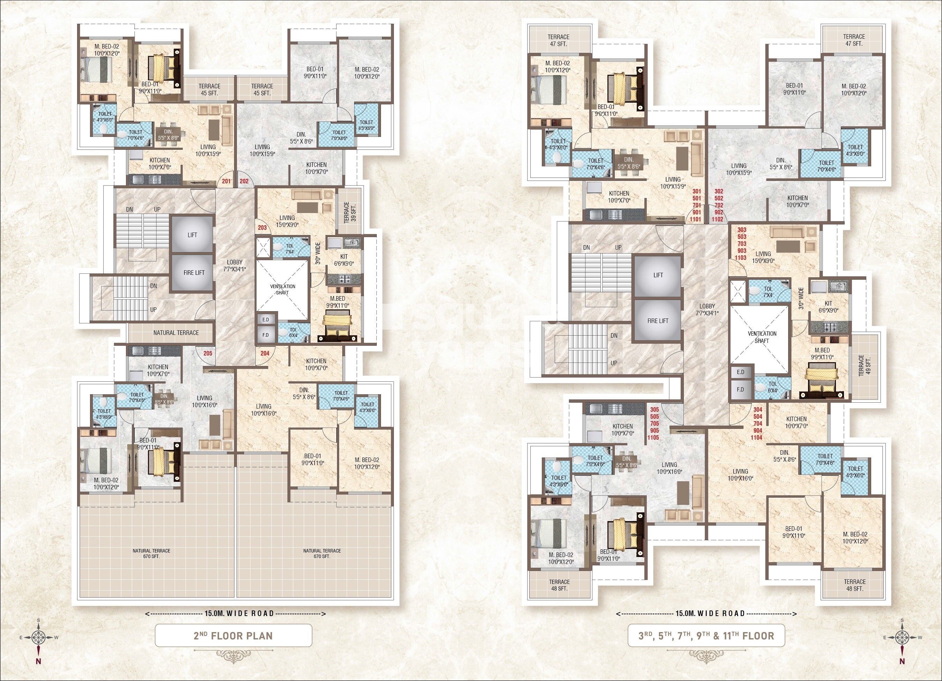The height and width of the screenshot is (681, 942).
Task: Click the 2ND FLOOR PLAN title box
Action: click(x=233, y=636)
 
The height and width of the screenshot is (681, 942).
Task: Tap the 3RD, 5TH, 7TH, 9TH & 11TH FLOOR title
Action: click(x=706, y=636)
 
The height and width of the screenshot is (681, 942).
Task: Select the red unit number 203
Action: click(x=262, y=227)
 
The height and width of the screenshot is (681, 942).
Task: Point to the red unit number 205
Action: click(x=208, y=353)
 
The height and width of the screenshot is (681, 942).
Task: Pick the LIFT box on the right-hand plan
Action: click(x=658, y=275)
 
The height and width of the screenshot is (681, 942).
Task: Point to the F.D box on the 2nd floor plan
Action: click(x=266, y=335)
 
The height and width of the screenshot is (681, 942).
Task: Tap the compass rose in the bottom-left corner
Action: click(x=39, y=637)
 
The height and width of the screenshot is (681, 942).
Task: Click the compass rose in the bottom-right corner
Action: click(x=902, y=637)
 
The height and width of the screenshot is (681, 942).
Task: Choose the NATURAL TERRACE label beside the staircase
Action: click(x=176, y=332)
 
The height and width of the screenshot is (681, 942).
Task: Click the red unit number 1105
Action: click(x=655, y=437)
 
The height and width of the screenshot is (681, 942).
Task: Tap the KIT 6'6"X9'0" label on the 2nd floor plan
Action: click(x=344, y=260)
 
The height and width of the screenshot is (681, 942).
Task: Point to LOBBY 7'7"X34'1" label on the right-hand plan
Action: click(x=707, y=309)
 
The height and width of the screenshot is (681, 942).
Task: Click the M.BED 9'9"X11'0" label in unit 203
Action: click(x=337, y=302)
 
